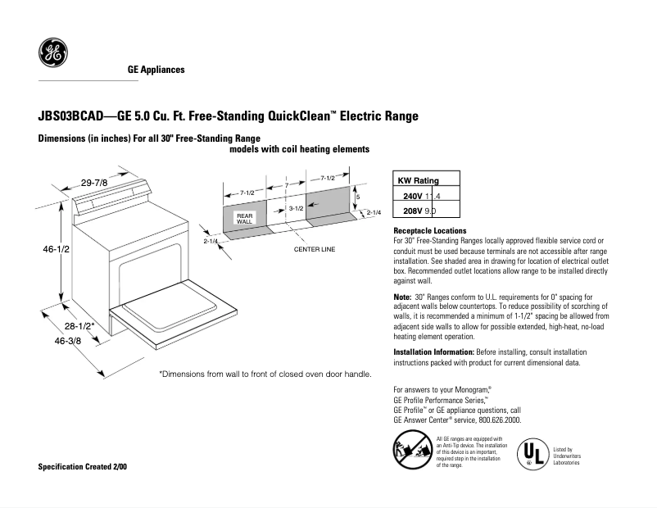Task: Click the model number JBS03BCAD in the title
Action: pos(72,116)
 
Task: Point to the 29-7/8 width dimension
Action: pos(94,181)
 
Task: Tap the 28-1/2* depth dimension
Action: pos(80,326)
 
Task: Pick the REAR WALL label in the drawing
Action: pos(244,218)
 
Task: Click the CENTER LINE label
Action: pos(316,248)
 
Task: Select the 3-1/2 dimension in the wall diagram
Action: pos(297,209)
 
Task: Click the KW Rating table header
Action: pos(418,181)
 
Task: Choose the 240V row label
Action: pos(412,197)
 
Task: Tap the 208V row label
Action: pos(412,211)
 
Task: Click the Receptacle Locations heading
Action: pos(430,231)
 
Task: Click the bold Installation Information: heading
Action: pos(433,352)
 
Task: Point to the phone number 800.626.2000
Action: pos(495,420)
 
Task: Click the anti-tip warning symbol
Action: pos(412,450)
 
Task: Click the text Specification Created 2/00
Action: pos(83,466)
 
